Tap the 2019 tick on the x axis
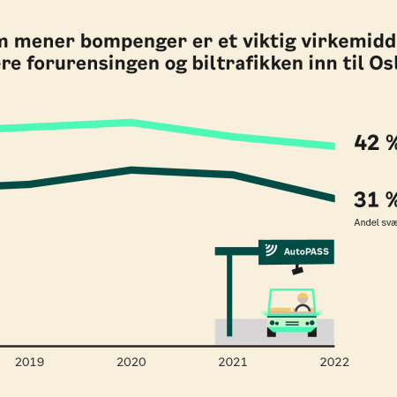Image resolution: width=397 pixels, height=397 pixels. [x=30, y=361]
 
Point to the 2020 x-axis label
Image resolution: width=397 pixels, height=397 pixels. [x=131, y=361]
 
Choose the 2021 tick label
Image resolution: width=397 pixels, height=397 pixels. [x=233, y=361]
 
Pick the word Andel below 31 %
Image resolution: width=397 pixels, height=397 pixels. [x=366, y=222]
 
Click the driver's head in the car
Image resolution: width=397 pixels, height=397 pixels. [x=303, y=298]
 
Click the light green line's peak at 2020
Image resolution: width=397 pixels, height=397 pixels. [x=131, y=123]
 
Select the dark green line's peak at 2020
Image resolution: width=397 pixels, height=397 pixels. [x=131, y=169]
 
